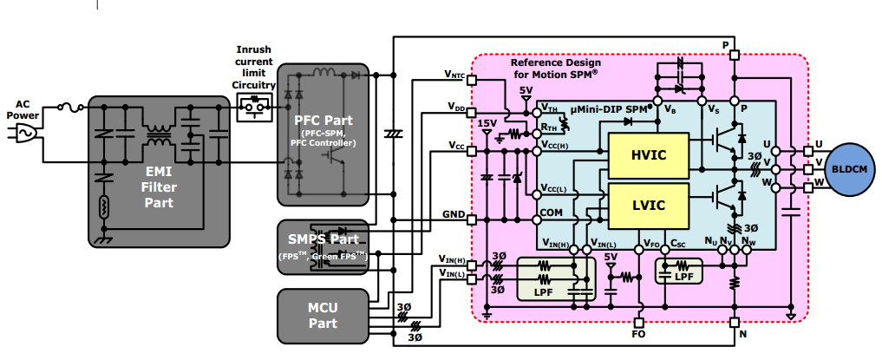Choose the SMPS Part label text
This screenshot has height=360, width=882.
[323, 239]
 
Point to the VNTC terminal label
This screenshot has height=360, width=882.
[454, 76]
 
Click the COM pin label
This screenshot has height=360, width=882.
[551, 212]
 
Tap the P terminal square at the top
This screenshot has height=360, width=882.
[734, 55]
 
